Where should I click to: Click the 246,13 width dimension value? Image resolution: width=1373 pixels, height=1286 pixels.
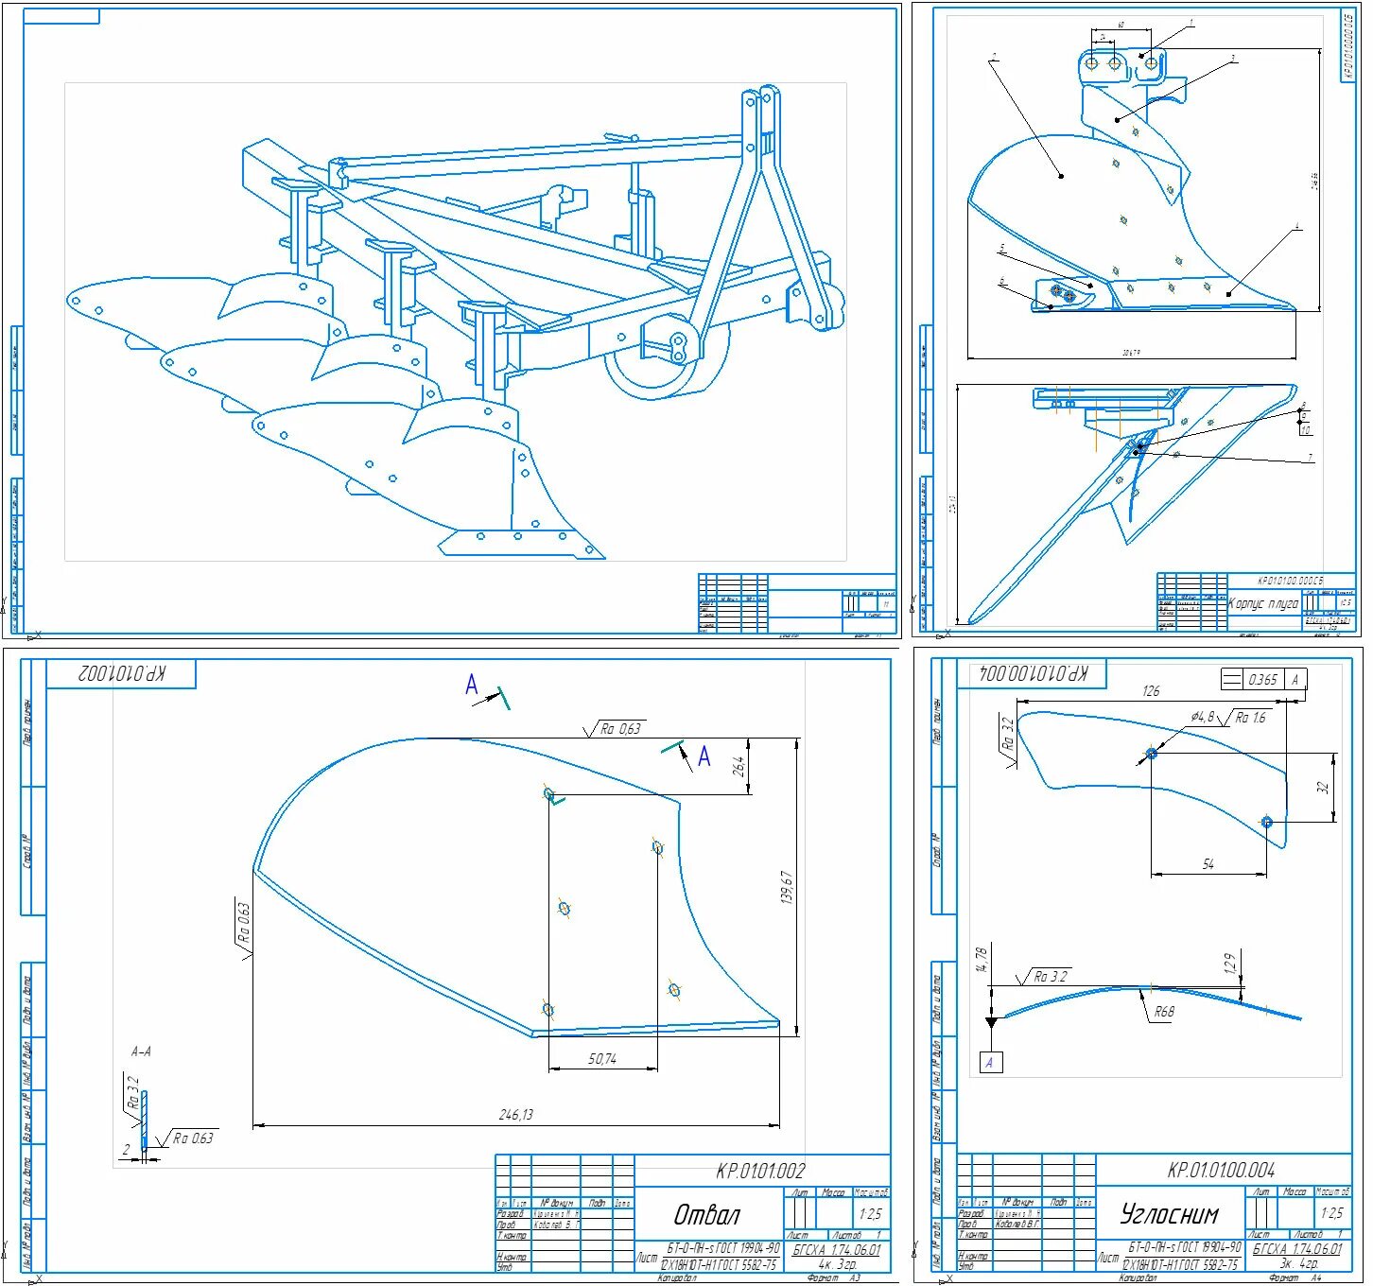tap(516, 1115)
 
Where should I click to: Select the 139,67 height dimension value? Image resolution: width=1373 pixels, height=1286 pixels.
tap(786, 888)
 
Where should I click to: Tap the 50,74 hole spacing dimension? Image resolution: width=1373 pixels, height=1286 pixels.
tap(602, 1059)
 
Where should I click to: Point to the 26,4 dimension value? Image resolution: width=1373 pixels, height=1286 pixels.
tap(740, 765)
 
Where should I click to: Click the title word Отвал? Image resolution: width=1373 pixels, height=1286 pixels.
tap(706, 1214)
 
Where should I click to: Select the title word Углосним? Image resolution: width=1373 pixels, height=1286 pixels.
tap(1169, 1213)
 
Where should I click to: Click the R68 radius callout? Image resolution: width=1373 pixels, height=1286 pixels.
tap(1163, 1012)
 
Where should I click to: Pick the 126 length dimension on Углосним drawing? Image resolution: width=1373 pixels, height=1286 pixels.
tap(1151, 691)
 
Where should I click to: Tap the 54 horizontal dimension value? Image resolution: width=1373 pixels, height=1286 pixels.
tap(1208, 864)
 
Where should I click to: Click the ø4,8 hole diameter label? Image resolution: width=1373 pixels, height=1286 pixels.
tap(1203, 717)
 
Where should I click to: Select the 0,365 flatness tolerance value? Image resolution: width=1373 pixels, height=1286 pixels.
tap(1262, 679)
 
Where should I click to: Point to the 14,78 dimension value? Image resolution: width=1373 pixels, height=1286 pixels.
tap(982, 959)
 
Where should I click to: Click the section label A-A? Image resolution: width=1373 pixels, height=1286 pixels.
tap(141, 1051)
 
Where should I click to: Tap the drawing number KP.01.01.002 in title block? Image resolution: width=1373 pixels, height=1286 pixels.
tap(760, 1172)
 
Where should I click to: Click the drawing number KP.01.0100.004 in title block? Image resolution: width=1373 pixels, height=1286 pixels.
tap(1221, 1170)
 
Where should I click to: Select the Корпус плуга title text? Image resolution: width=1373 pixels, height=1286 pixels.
tap(1262, 603)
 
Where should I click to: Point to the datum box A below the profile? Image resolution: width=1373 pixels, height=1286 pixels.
tap(989, 1062)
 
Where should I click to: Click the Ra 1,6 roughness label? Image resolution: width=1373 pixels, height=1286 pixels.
tap(1250, 718)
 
